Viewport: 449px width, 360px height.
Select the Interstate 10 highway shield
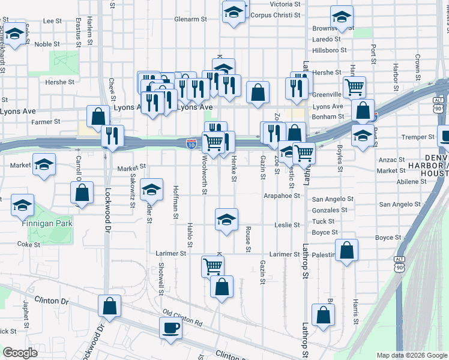190,143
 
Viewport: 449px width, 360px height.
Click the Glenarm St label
190,19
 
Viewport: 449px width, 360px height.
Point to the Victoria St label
285,4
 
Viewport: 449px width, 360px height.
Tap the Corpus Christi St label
276,15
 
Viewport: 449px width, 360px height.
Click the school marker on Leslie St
226,220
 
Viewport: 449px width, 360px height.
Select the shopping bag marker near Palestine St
346,251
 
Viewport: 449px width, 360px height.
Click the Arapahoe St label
282,196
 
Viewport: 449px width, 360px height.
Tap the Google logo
19,353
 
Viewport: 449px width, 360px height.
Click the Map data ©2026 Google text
412,355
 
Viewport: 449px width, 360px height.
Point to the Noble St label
47,44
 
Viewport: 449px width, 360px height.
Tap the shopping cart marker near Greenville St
354,87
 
